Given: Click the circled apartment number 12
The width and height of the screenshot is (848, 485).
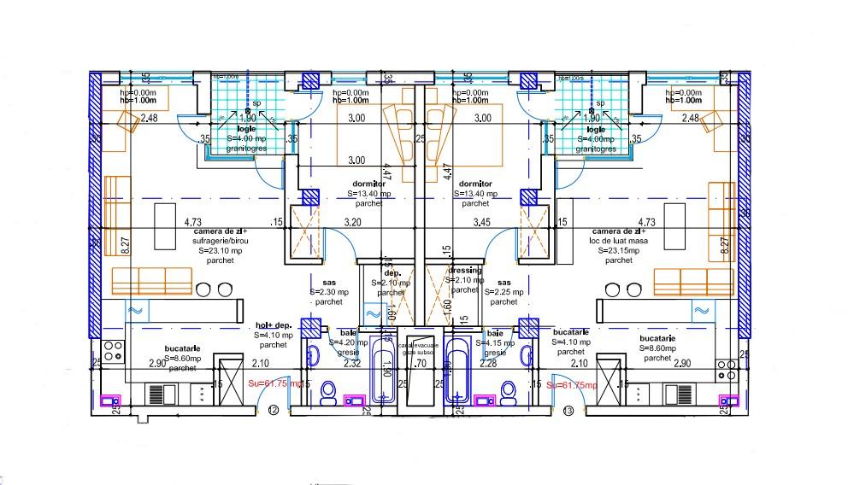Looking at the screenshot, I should (x=273, y=411).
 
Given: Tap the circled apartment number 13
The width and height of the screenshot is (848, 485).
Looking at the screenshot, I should (x=569, y=411).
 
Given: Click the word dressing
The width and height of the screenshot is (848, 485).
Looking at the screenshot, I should (x=464, y=271).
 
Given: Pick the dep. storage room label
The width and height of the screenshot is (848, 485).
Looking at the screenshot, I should (x=392, y=272).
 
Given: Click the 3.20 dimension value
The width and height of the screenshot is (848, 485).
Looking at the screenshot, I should (x=353, y=222).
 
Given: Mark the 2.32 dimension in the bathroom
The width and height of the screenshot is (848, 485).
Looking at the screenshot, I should (x=351, y=364).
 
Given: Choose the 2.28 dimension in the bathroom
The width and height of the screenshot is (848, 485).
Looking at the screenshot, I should (x=487, y=364).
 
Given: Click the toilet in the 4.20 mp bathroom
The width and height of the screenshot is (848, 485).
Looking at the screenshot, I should (x=327, y=392).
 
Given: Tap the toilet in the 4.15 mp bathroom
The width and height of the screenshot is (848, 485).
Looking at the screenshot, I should (x=509, y=392).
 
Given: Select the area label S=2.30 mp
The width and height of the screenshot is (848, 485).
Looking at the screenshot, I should (x=329, y=292).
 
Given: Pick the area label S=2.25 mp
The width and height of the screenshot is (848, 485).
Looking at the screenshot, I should (x=504, y=292).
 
